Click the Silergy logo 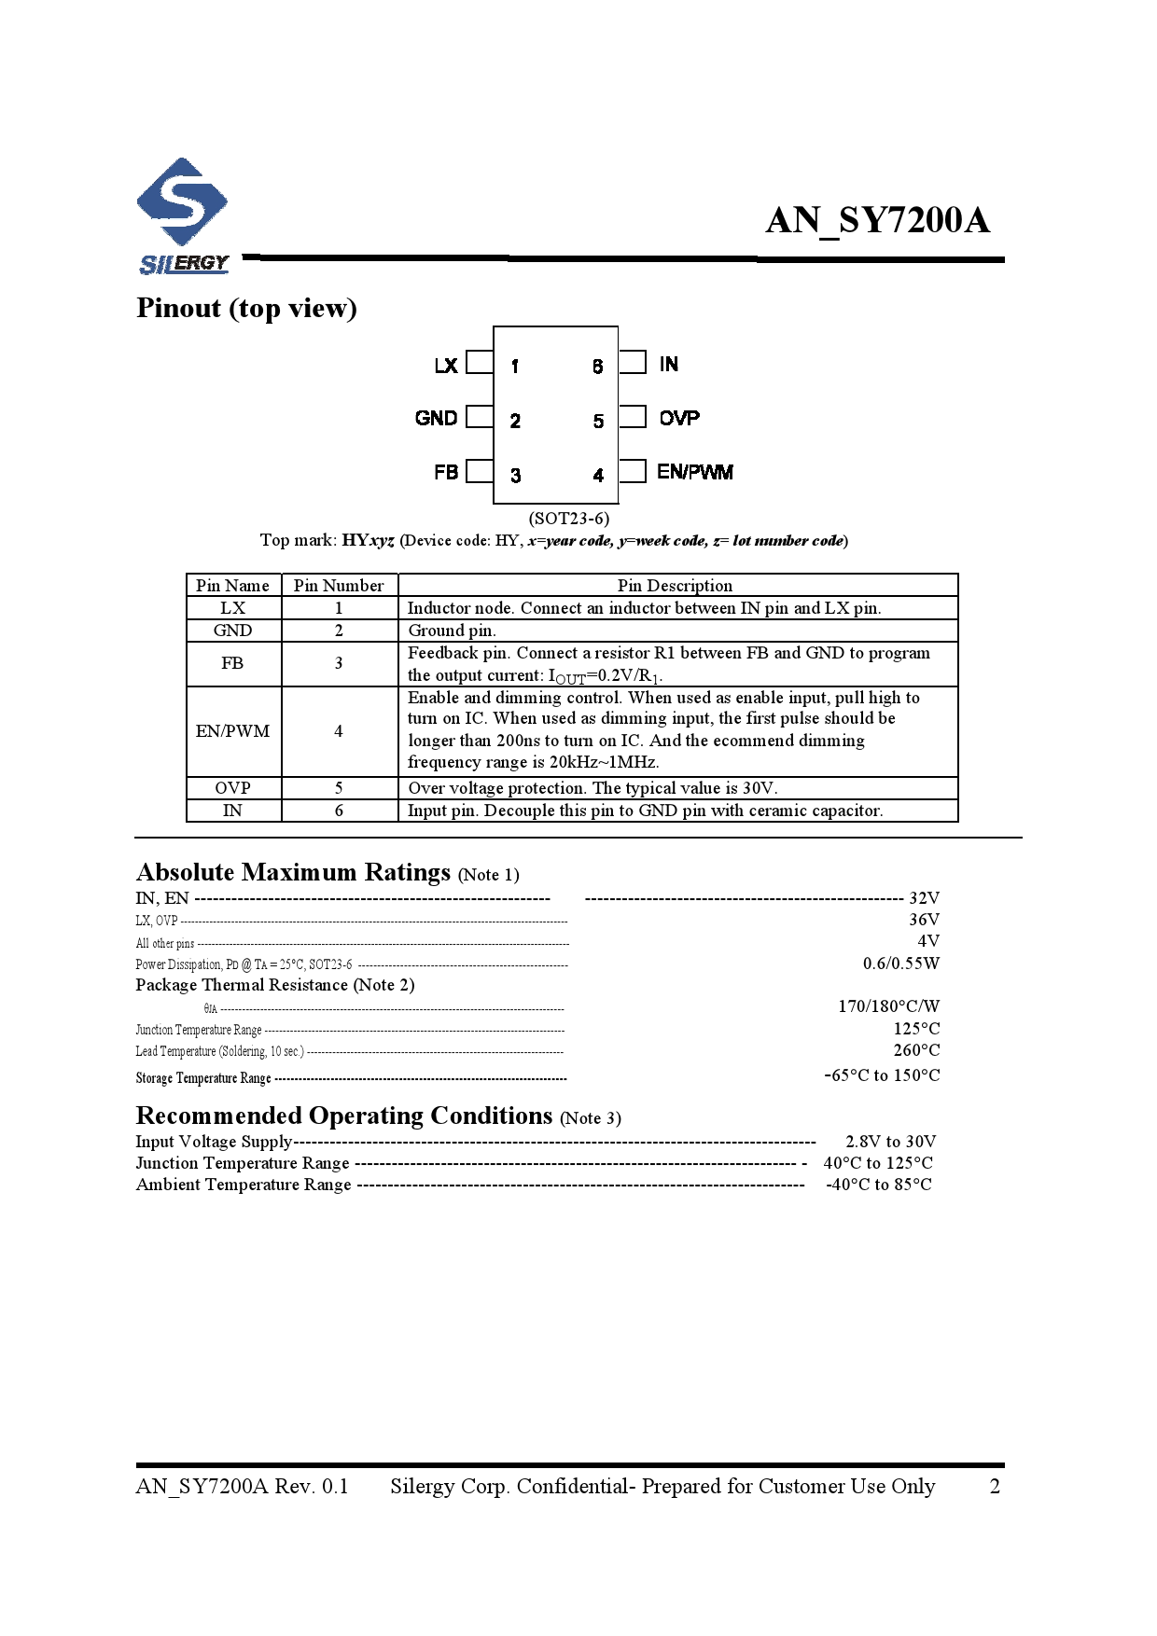pos(183,215)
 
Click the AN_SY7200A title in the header pos(877,221)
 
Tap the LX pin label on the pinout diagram pos(446,365)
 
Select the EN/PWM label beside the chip pos(694,472)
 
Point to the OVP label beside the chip pos(679,418)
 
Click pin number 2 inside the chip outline pos(515,421)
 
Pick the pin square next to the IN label pos(634,362)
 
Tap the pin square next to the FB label pos(479,471)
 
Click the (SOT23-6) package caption pos(568,518)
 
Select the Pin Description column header pos(675,586)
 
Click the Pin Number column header pos(339,586)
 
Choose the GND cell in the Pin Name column pos(232,631)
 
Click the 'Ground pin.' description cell pos(452,631)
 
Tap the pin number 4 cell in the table pos(339,731)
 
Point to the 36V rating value pos(924,920)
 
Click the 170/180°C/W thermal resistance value pos(888,1006)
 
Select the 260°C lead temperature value pos(916,1050)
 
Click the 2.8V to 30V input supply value pos(890,1142)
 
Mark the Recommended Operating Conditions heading pos(344,1116)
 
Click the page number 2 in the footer pos(995,1486)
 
